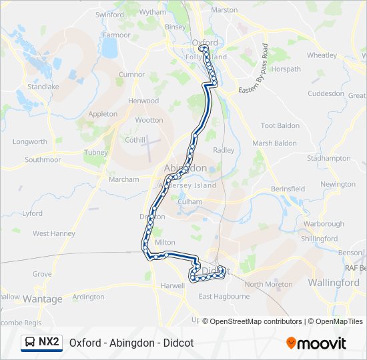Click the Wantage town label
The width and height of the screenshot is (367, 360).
pyautogui.click(x=42, y=299)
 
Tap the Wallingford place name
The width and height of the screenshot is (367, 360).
pyautogui.click(x=334, y=283)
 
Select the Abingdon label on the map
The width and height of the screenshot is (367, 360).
pyautogui.click(x=185, y=169)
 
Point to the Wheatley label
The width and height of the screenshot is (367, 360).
pyautogui.click(x=322, y=55)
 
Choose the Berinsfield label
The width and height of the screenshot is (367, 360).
pyautogui.click(x=288, y=189)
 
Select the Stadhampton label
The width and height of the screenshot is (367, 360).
pyautogui.click(x=328, y=159)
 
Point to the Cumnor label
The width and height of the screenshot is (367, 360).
pyautogui.click(x=131, y=75)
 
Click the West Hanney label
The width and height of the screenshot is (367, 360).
pyautogui.click(x=54, y=233)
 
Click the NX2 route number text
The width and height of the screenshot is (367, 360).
pyautogui.click(x=48, y=342)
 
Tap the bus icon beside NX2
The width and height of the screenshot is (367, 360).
pyautogui.click(x=31, y=343)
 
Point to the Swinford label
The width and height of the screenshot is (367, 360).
pyautogui.click(x=109, y=15)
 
